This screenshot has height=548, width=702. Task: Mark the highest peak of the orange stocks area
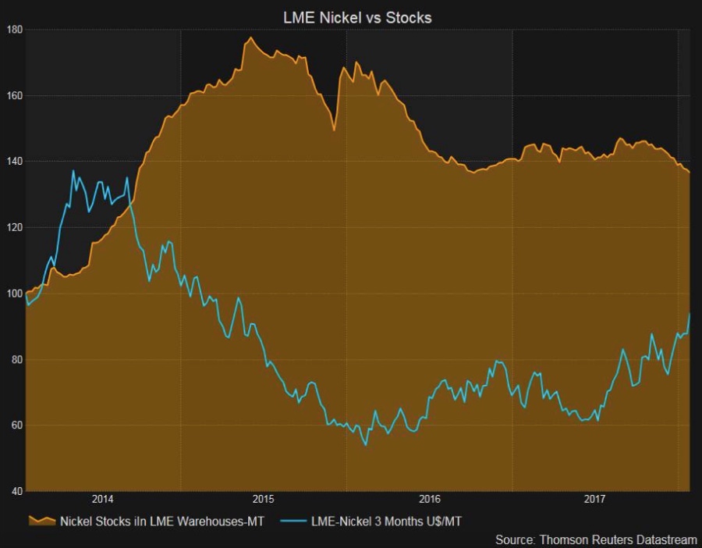(x=250, y=37)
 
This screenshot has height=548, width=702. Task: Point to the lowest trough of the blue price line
(x=366, y=446)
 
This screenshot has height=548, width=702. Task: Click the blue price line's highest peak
(x=74, y=171)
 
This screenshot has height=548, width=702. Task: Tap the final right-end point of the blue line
(x=690, y=313)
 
